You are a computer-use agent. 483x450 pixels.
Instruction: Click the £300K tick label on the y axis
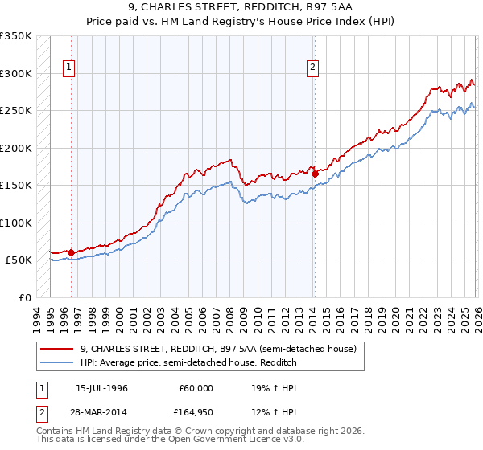coord(15,73)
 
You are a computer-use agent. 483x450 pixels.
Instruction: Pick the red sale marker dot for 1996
coord(71,252)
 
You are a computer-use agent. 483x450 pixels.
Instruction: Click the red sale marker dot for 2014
coord(315,174)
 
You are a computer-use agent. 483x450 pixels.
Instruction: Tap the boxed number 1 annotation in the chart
coord(70,68)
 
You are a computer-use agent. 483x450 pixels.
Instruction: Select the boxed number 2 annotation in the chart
coord(312,68)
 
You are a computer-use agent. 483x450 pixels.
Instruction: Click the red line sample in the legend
coord(58,349)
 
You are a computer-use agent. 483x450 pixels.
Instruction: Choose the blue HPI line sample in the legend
coord(58,363)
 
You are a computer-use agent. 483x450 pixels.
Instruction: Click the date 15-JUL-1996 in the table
coord(101,387)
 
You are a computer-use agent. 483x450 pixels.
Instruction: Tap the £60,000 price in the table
coord(196,387)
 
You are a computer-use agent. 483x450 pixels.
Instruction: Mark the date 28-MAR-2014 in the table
coord(101,412)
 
